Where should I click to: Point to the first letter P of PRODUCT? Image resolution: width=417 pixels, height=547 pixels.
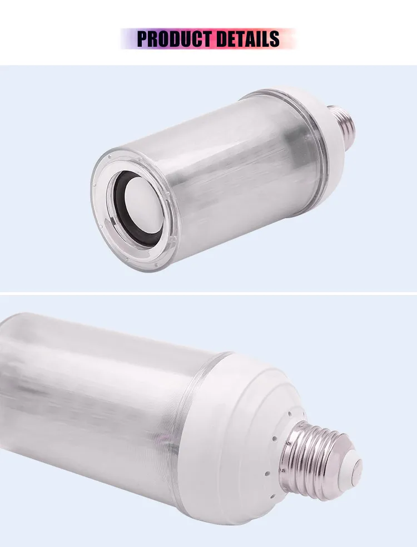pyautogui.click(x=142, y=39)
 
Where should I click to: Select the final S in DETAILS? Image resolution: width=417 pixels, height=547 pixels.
pyautogui.click(x=274, y=39)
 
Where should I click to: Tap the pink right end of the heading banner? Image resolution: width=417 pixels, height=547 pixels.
pyautogui.click(x=289, y=39)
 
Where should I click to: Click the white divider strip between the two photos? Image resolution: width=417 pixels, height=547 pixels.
pyautogui.click(x=209, y=293)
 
